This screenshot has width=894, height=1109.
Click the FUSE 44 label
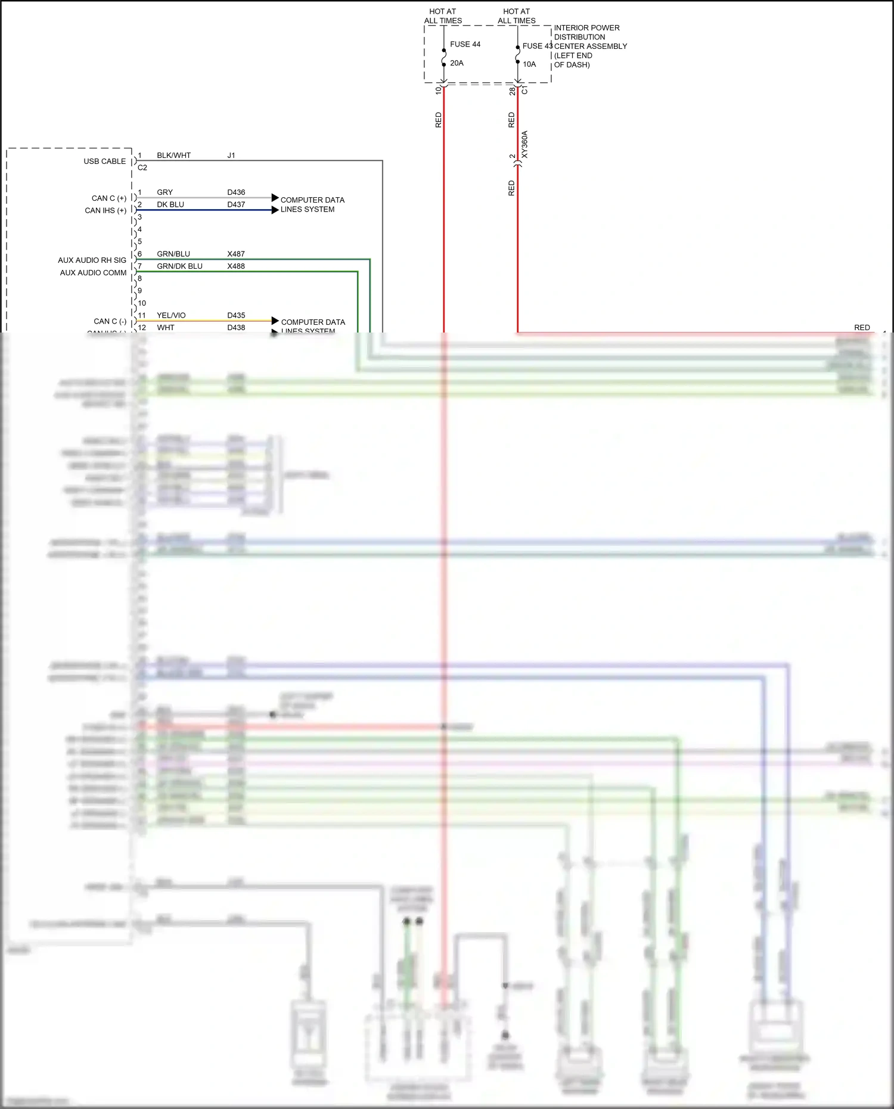click(465, 44)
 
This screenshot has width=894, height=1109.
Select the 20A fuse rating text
click(457, 63)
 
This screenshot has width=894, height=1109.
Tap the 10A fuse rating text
click(529, 64)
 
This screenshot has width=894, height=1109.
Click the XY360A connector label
click(524, 144)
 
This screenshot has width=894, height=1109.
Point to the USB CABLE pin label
click(104, 161)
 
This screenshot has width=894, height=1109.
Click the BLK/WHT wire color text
click(173, 156)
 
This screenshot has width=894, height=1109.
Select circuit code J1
click(231, 156)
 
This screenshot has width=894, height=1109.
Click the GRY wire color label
click(164, 192)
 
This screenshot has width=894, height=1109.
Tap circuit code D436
click(236, 192)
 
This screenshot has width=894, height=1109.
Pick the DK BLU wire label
click(170, 204)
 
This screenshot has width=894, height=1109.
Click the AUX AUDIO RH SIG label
click(92, 260)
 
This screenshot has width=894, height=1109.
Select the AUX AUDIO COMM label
click(93, 273)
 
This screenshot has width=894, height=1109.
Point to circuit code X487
click(236, 254)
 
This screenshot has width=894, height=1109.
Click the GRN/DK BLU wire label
click(179, 266)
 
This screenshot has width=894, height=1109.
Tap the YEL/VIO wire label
click(171, 315)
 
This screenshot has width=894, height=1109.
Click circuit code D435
click(236, 315)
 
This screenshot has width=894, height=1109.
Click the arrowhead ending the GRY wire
click(275, 198)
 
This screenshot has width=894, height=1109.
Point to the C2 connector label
click(142, 167)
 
